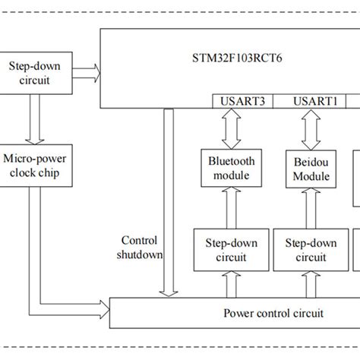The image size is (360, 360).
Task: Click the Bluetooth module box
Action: (x=232, y=168)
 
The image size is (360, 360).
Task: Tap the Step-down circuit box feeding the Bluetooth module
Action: (x=231, y=250)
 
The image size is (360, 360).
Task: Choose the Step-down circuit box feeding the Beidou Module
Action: (x=311, y=250)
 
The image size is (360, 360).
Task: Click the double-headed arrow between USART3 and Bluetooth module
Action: (x=232, y=129)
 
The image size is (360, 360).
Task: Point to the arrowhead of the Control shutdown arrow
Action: (x=168, y=293)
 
